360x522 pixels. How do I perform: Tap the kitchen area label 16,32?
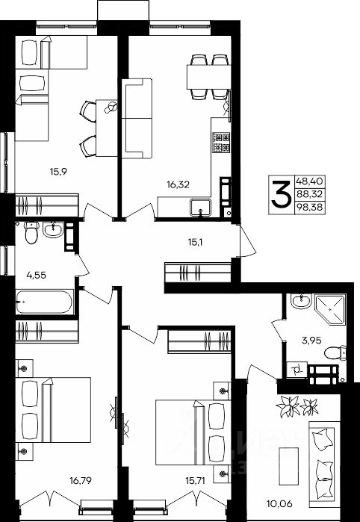click(x=179, y=185)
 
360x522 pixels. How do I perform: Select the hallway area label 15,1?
click(x=196, y=242)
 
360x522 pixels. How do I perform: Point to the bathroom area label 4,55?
click(x=36, y=275)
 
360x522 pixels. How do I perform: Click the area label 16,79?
click(x=80, y=480)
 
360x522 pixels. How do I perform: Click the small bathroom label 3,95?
click(x=309, y=341)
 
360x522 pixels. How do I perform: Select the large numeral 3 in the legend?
click(x=281, y=194)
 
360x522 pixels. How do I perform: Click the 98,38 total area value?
click(x=310, y=208)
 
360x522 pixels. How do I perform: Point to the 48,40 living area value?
click(x=310, y=181)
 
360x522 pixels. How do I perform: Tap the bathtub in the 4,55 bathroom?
click(x=44, y=302)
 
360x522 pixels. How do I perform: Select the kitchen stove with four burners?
click(x=222, y=142)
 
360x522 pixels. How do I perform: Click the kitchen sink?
click(x=200, y=208)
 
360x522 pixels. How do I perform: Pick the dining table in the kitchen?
click(x=209, y=77)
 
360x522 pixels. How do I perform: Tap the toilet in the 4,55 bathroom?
click(x=31, y=232)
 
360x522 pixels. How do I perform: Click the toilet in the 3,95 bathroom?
click(x=335, y=353)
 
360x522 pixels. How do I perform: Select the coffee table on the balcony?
click(x=289, y=466)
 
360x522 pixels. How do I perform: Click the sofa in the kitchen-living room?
click(x=137, y=118)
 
